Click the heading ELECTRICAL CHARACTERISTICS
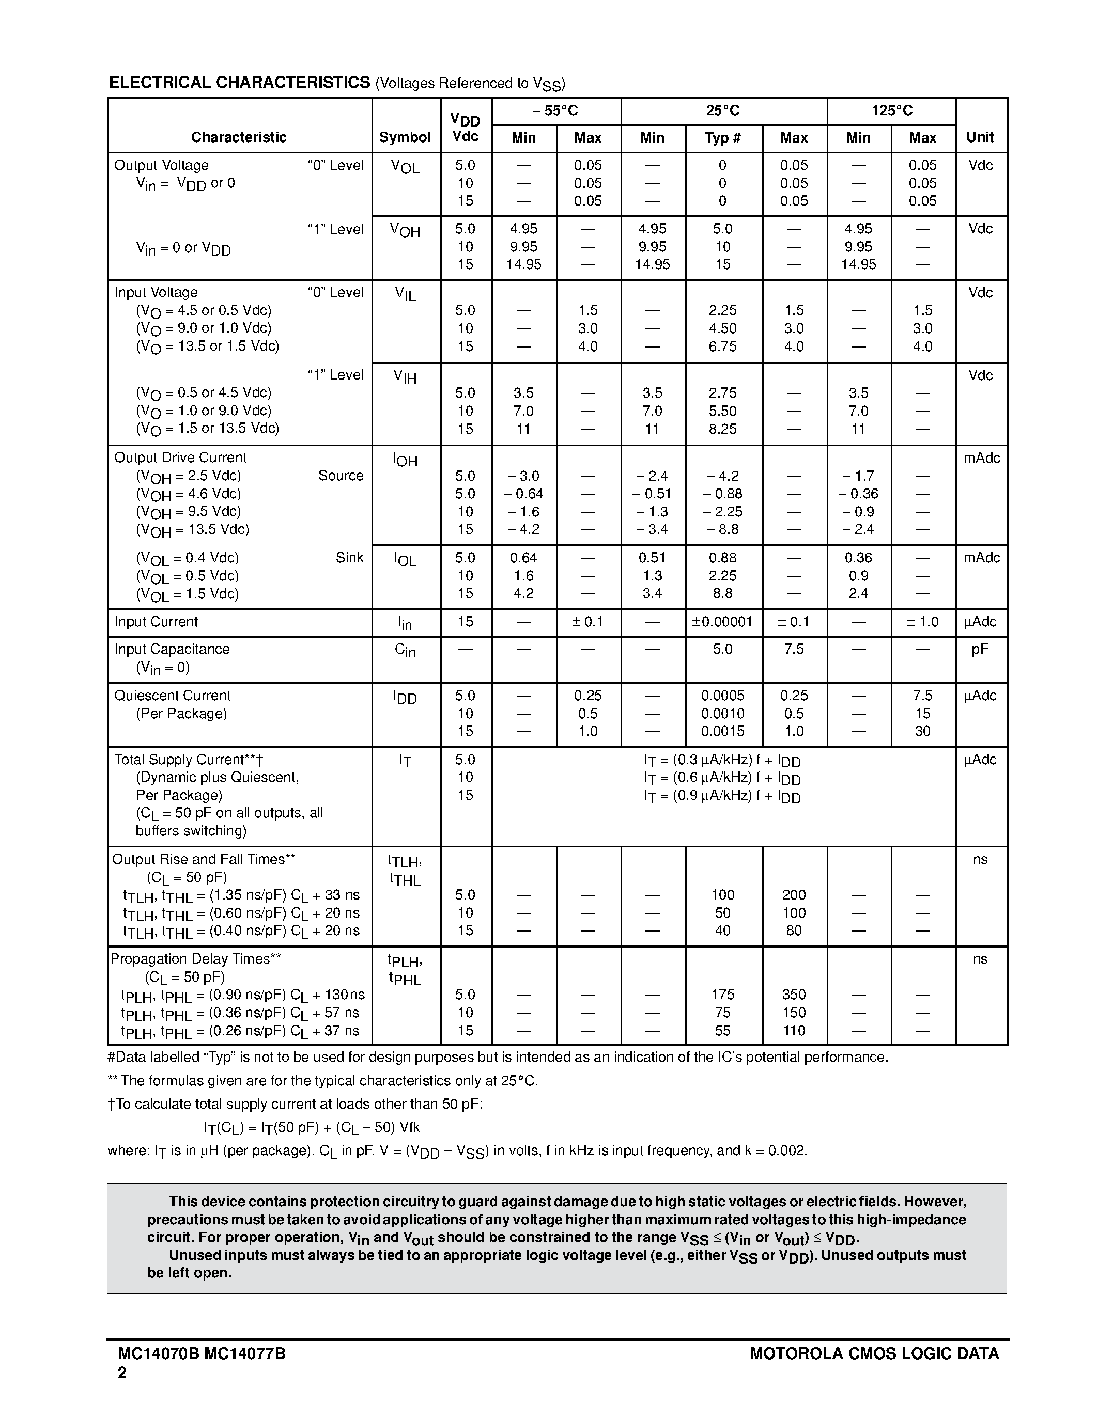[x=239, y=83]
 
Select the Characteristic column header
[x=239, y=137]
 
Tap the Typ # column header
[x=723, y=138]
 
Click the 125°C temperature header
[x=892, y=111]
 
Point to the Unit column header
[x=980, y=137]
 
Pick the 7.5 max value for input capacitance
[x=794, y=649]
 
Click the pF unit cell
[x=980, y=649]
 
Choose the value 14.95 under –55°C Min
[x=523, y=264]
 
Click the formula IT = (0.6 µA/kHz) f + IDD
[x=722, y=778]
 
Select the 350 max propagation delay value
[x=794, y=994]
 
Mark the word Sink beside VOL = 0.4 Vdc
[x=349, y=557]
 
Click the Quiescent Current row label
[x=173, y=695]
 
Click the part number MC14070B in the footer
[x=159, y=1354]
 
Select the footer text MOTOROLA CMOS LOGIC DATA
[x=874, y=1354]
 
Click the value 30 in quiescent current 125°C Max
[x=922, y=731]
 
